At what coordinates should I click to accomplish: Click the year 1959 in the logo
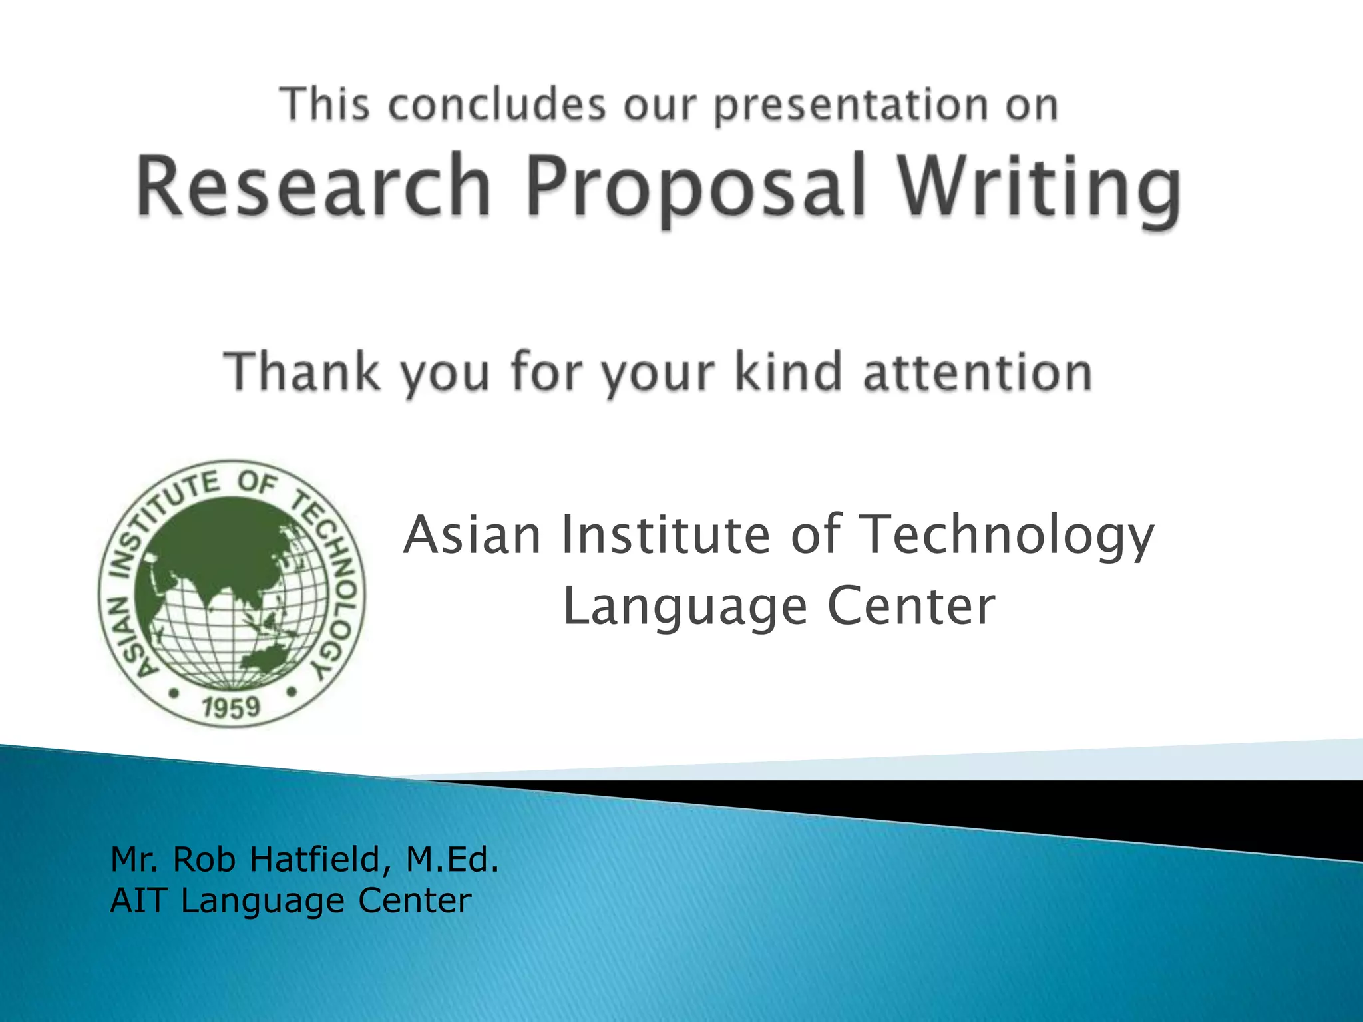click(x=231, y=707)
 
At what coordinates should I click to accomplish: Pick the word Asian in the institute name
click(x=473, y=535)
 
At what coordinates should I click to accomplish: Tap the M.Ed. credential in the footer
click(x=453, y=859)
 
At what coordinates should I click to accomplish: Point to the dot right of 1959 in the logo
click(x=291, y=692)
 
